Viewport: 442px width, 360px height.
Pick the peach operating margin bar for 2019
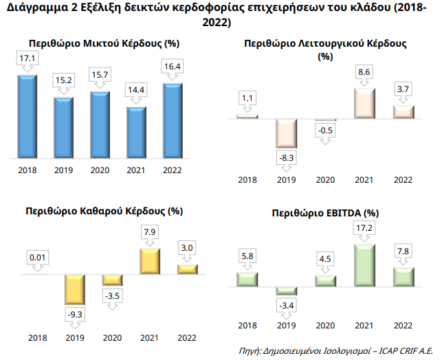[286, 134]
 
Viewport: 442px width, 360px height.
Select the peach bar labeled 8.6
[364, 102]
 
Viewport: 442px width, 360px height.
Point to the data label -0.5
[325, 131]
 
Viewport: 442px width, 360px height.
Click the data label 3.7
[404, 90]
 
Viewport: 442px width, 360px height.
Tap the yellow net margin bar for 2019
[75, 289]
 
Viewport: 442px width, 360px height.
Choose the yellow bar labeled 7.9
[149, 262]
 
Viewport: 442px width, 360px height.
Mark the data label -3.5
[112, 295]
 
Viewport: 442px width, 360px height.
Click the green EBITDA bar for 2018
[247, 279]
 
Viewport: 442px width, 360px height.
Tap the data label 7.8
[404, 252]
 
